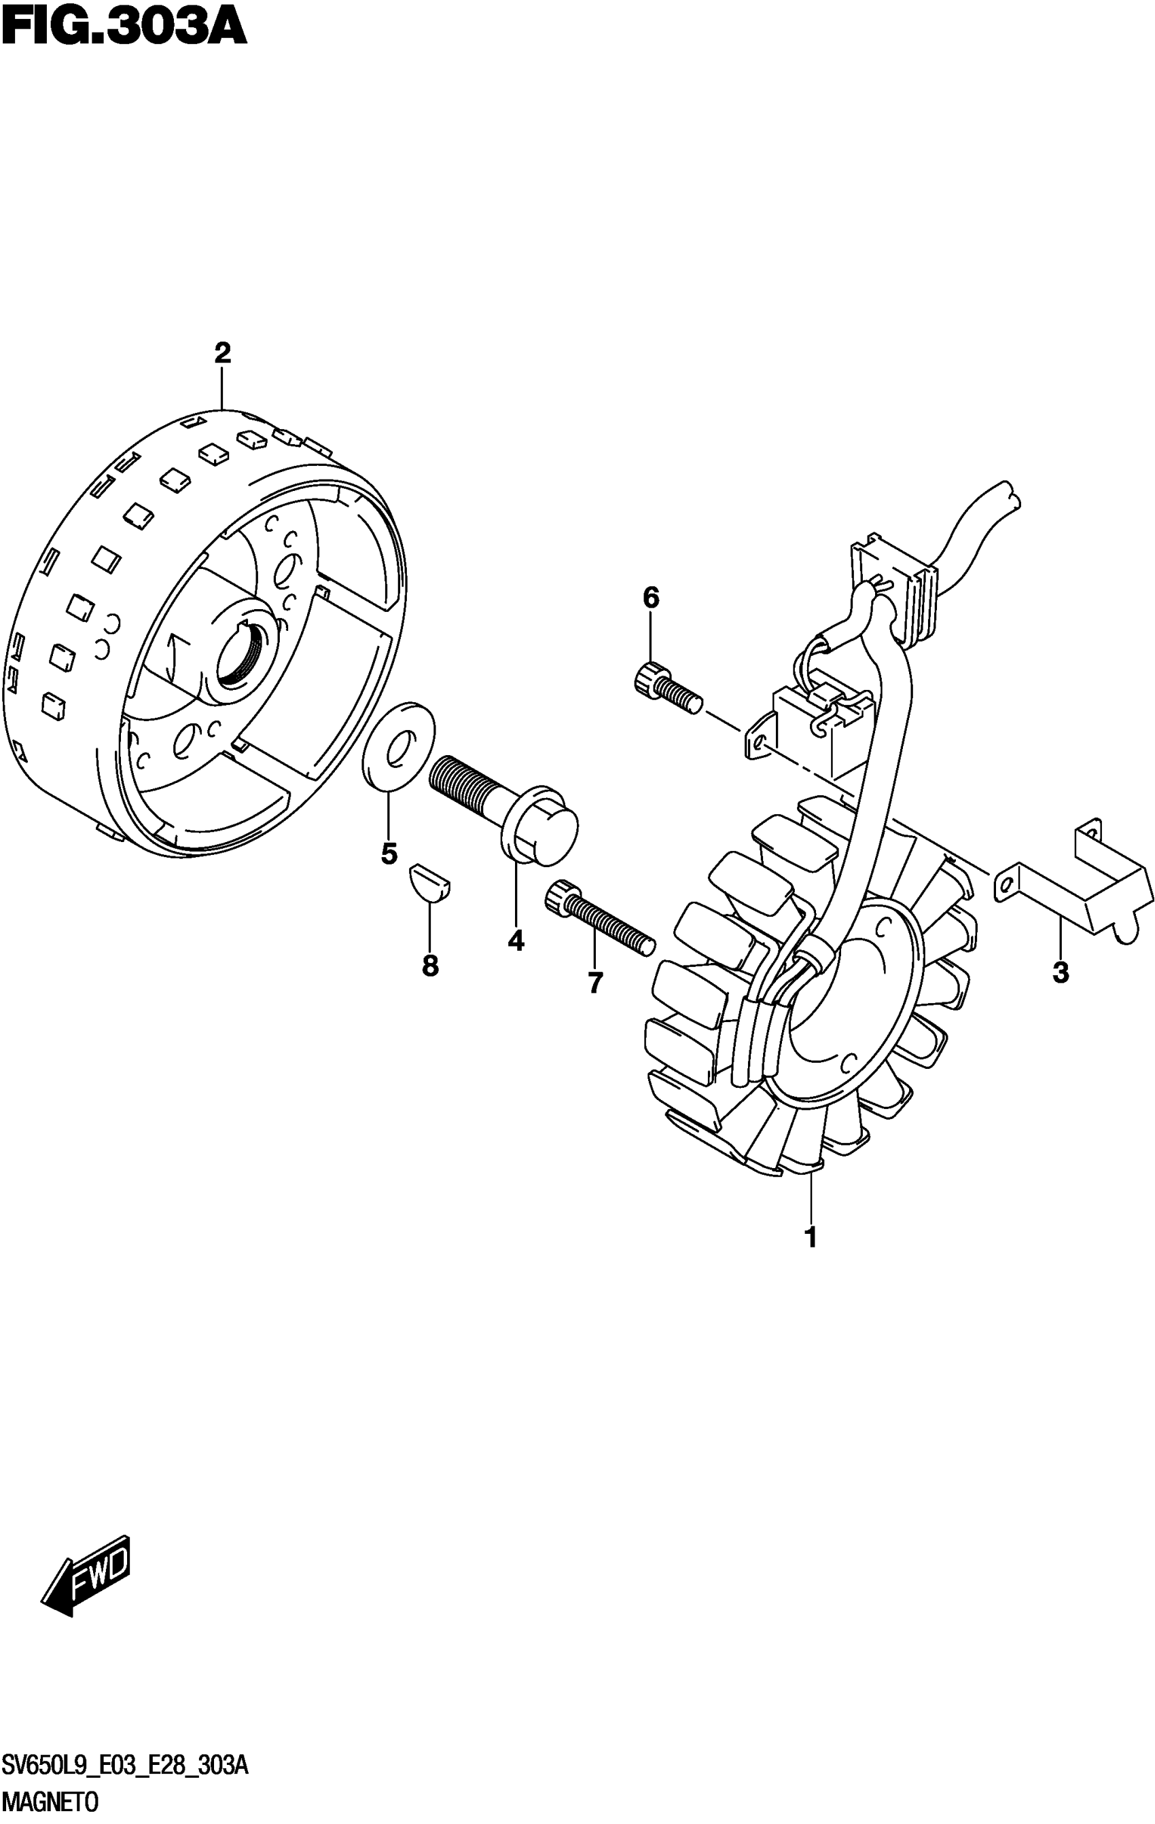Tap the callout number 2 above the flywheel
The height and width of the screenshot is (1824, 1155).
tap(221, 353)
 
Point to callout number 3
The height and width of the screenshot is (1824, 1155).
tap(1061, 972)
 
